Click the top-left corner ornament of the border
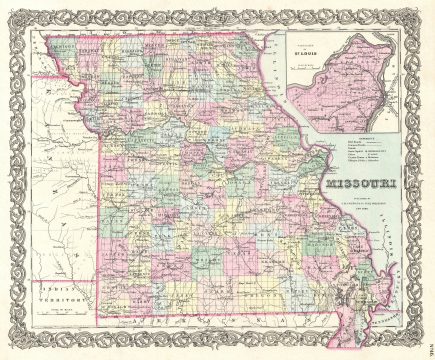[20, 20]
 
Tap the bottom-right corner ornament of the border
[416, 341]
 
